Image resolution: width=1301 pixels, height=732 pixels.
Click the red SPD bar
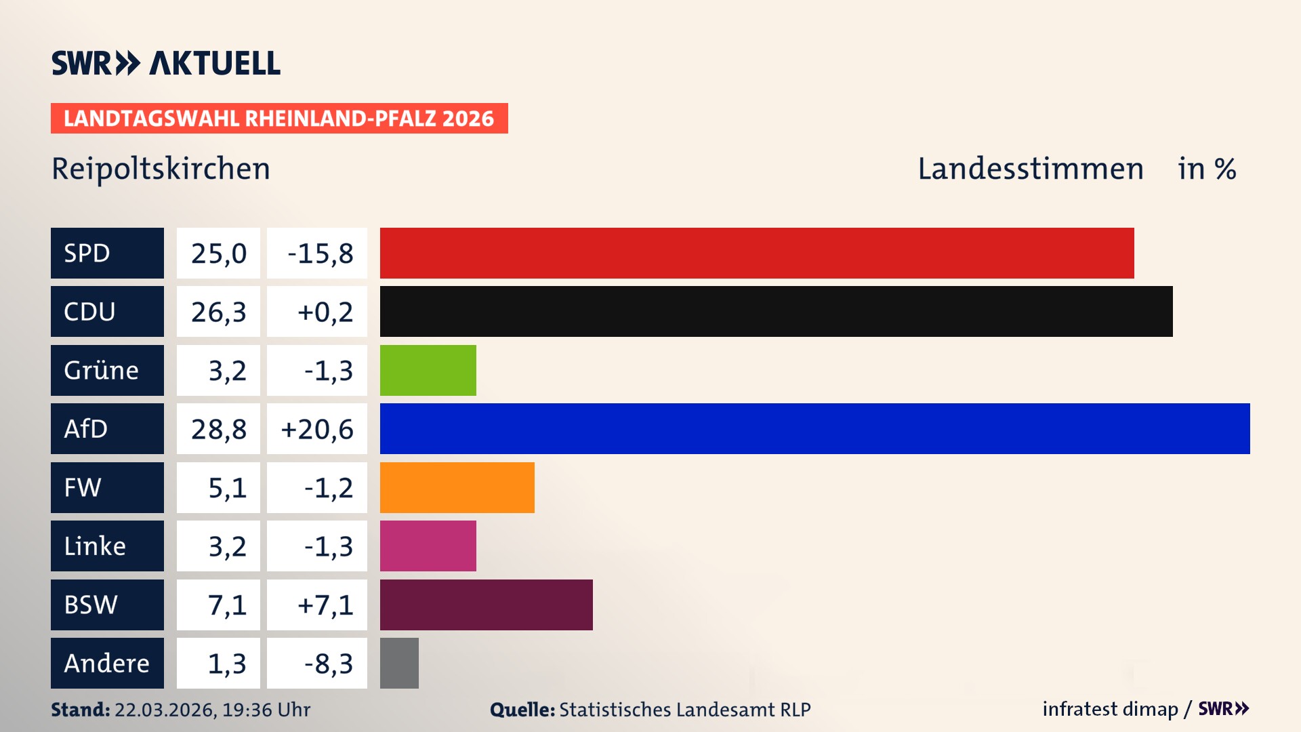(756, 253)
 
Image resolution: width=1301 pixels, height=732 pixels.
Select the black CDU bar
(776, 312)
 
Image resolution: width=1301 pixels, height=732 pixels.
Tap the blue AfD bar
(814, 428)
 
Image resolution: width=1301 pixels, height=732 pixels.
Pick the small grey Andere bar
(399, 663)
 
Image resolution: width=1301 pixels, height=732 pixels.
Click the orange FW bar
(457, 487)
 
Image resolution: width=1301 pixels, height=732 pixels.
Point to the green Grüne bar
(428, 370)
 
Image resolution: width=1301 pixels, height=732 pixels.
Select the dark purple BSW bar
(486, 605)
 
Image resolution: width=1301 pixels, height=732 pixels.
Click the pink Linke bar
(428, 546)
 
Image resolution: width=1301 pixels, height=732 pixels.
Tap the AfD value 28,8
(218, 429)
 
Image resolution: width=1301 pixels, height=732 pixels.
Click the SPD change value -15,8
(320, 253)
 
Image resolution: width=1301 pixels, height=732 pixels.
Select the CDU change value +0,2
(325, 312)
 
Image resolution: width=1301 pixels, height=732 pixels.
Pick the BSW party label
(91, 605)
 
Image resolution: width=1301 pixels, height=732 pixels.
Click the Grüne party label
(101, 370)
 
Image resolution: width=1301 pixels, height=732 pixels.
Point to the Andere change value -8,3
(328, 664)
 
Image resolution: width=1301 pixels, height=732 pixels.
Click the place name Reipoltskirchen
(161, 169)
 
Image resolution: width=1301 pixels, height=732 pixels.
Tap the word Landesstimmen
(1030, 169)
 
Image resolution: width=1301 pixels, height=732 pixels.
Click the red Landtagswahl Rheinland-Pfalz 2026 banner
(278, 119)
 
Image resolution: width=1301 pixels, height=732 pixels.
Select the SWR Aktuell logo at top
(165, 63)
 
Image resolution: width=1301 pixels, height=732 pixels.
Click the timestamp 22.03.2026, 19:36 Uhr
(212, 710)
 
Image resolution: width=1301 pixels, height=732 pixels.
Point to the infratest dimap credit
(1110, 709)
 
